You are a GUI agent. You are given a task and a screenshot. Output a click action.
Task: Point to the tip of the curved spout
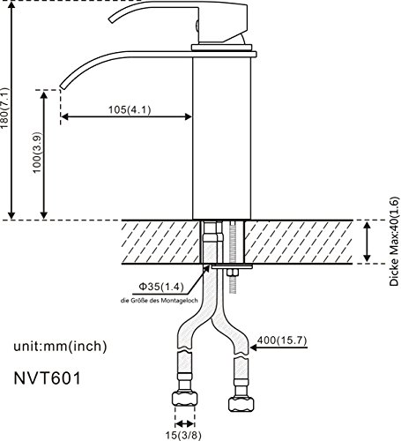63,85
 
